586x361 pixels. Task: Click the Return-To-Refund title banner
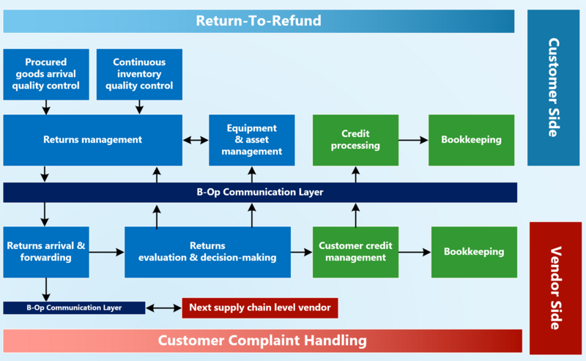pos(259,21)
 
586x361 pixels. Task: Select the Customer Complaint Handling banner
pos(262,340)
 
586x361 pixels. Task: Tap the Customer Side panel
pos(553,87)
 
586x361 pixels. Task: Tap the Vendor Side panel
pos(555,288)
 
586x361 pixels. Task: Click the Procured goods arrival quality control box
pos(46,74)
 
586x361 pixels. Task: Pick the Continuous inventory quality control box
pos(139,74)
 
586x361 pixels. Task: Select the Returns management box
pos(92,139)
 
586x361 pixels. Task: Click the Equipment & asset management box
pos(252,140)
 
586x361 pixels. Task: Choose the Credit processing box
pos(356,139)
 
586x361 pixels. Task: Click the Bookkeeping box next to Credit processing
pos(471,139)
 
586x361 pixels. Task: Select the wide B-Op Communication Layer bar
pos(260,193)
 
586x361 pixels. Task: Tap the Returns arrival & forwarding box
pos(46,251)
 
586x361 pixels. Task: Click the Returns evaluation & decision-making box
pos(207,251)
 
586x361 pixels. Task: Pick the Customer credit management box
pos(356,251)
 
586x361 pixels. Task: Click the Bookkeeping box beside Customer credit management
pos(474,251)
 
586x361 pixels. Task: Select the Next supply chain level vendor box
pos(260,308)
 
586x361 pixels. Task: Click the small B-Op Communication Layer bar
pos(74,308)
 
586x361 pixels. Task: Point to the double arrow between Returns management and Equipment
pos(196,140)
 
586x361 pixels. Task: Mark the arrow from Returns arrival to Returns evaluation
pos(107,252)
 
